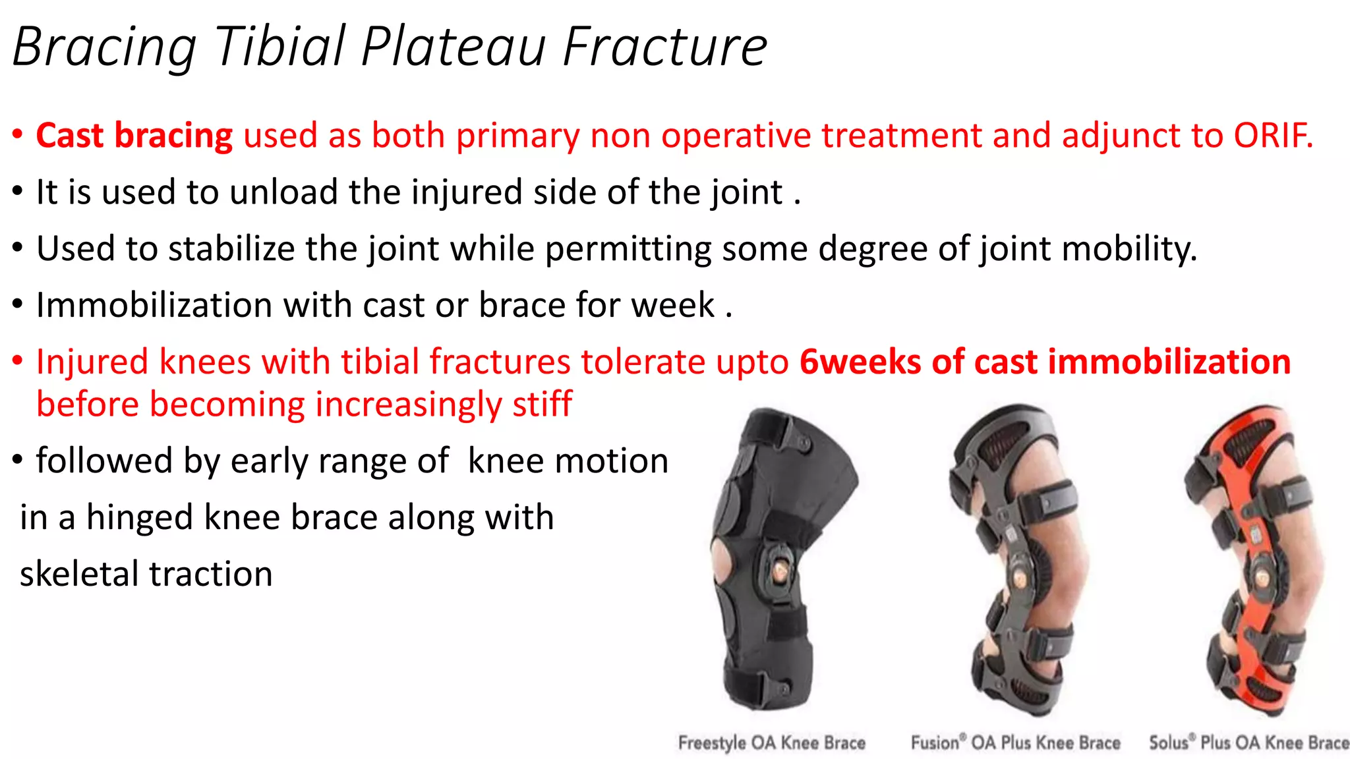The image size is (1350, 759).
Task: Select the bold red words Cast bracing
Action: pos(134,136)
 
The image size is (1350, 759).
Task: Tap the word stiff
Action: pos(542,405)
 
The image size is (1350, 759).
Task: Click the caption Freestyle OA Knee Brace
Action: pos(771,743)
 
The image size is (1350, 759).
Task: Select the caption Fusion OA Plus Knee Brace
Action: pos(1015,743)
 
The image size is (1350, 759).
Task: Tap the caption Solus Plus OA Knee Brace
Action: pos(1248,743)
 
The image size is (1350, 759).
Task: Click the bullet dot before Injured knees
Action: pos(18,361)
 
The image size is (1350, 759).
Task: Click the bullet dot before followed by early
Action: pos(18,460)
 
